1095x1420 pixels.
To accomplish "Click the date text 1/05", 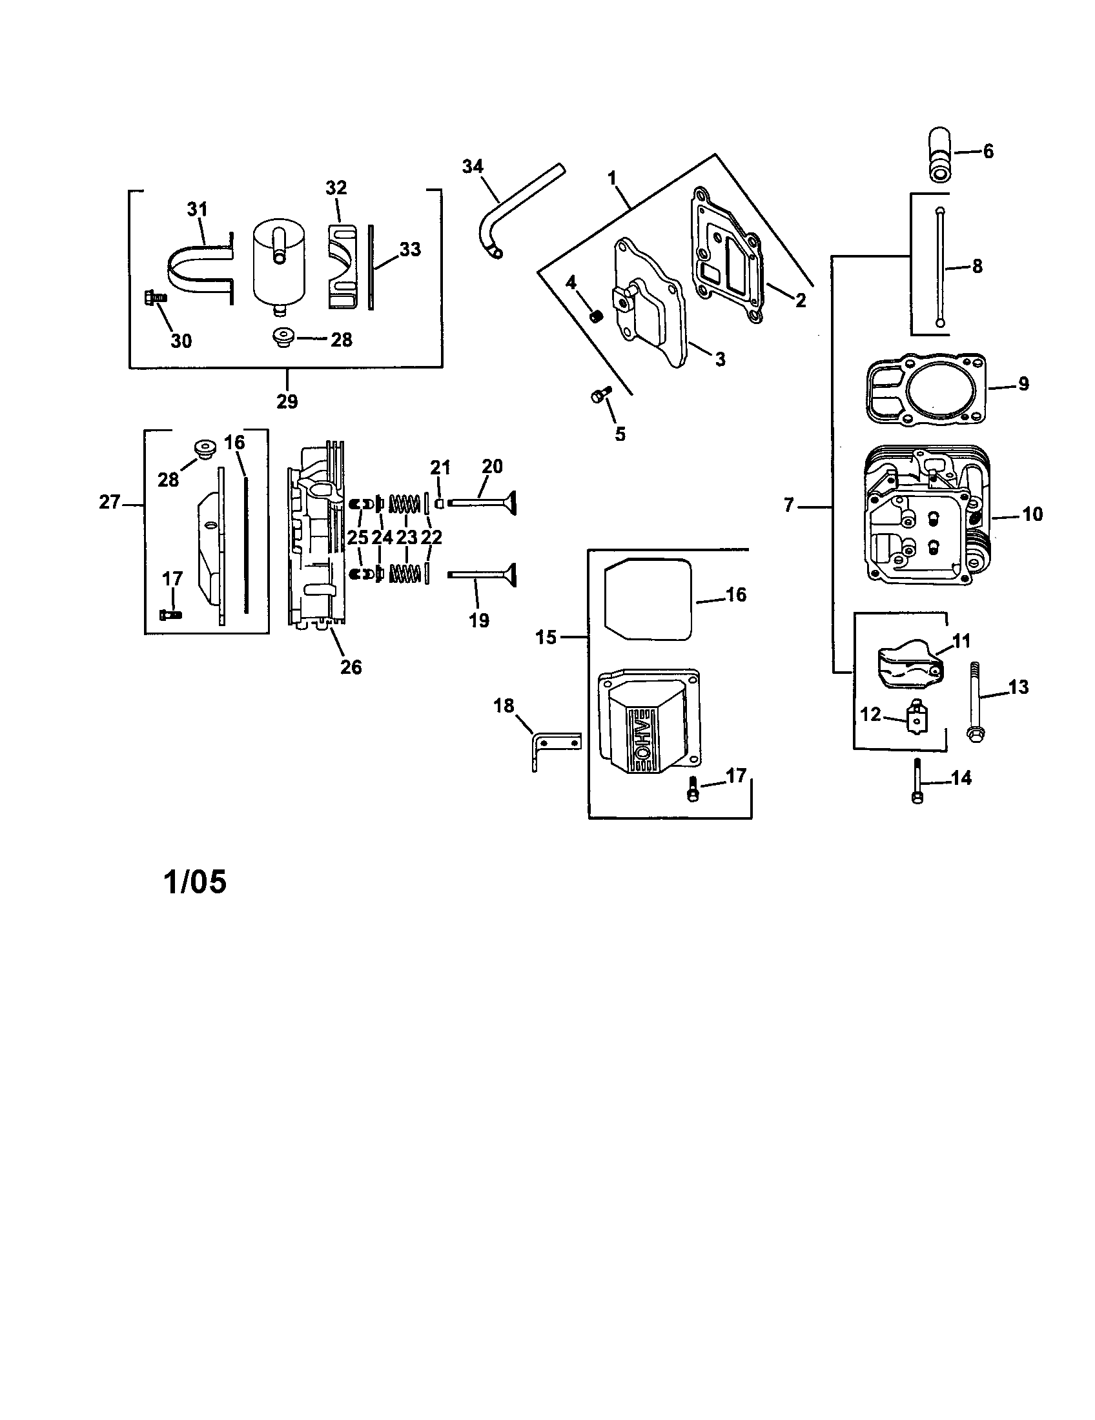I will (194, 882).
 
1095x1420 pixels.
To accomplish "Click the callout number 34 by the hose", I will (473, 167).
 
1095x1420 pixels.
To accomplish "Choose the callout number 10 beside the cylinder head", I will (1032, 514).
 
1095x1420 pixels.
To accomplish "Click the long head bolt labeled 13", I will (975, 702).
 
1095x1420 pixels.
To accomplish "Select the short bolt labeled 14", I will (917, 782).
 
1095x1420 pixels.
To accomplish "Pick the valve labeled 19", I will (481, 574).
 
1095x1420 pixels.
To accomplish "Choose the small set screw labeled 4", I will (597, 316).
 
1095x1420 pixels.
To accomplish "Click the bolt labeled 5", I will (600, 394).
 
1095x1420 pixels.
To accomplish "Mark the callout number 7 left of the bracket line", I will (789, 505).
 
